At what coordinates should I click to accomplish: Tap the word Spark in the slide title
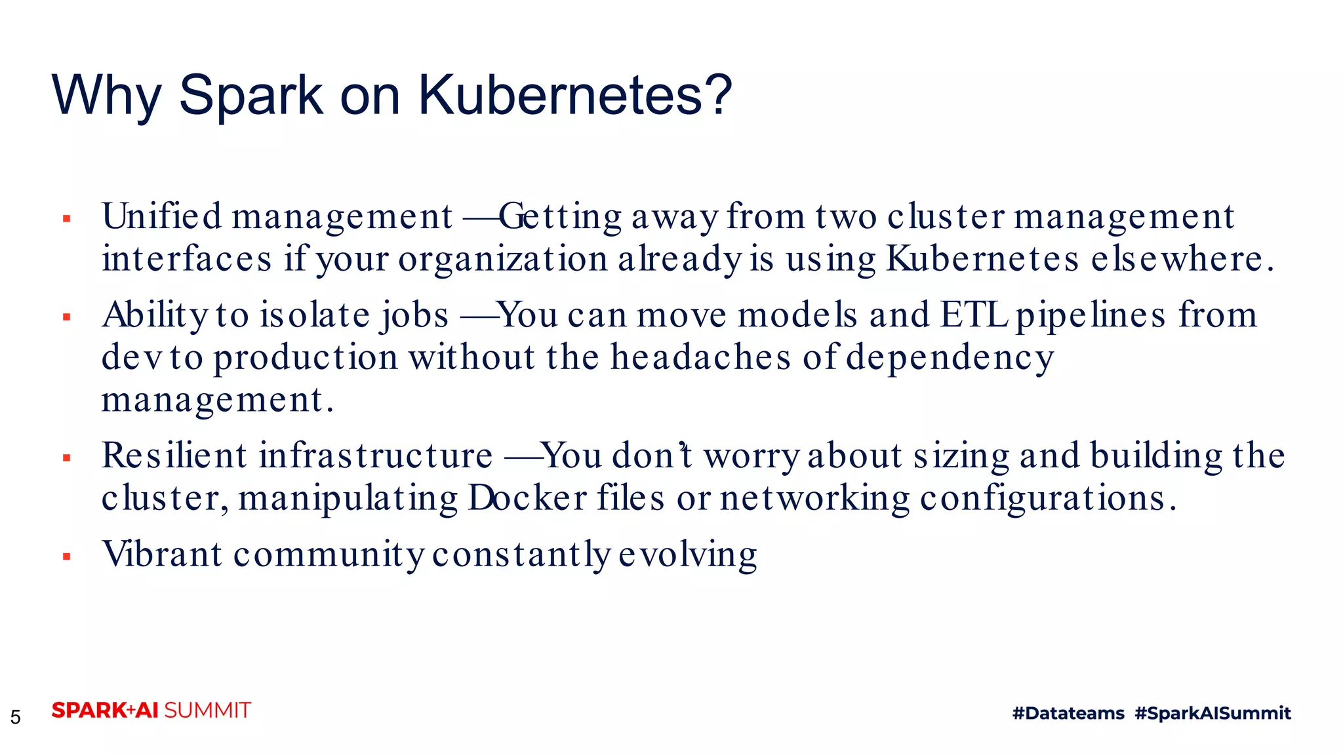(x=251, y=96)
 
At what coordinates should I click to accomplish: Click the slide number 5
(x=16, y=717)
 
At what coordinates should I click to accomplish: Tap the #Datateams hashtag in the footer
(x=1068, y=713)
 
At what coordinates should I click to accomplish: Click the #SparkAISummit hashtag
(x=1213, y=713)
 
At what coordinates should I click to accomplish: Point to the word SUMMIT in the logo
(x=207, y=710)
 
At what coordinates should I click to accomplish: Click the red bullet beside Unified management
(x=66, y=219)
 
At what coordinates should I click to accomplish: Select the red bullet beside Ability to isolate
(x=66, y=318)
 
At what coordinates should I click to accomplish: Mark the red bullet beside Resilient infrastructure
(x=66, y=458)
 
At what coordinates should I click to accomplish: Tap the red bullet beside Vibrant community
(x=66, y=557)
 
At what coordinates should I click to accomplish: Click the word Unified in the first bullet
(x=162, y=216)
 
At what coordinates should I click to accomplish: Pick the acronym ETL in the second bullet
(x=974, y=315)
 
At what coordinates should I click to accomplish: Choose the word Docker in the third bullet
(x=527, y=498)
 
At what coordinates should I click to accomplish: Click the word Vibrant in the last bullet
(x=162, y=554)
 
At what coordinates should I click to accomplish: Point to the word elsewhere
(x=1182, y=259)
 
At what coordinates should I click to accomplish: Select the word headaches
(x=701, y=358)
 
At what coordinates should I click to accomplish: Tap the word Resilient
(x=174, y=455)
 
